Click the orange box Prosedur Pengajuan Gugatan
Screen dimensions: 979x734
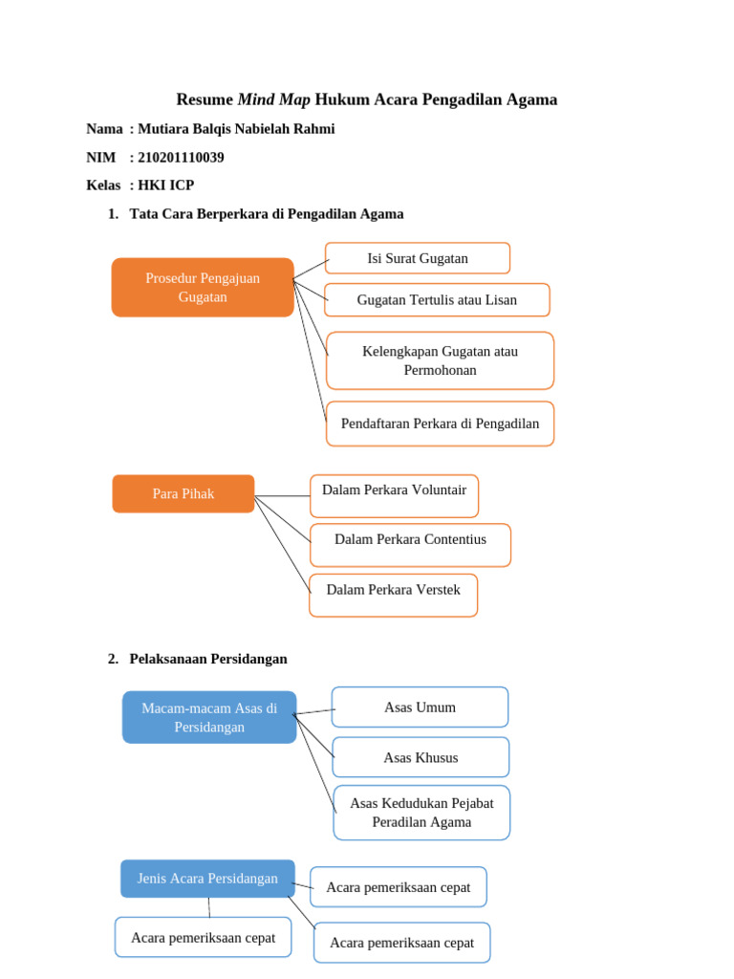tap(203, 287)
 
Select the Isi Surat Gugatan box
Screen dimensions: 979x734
tap(418, 258)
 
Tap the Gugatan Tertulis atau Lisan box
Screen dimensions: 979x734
tap(437, 299)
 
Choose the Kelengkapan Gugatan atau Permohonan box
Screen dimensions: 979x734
tap(440, 360)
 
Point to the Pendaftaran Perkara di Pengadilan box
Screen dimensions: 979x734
tap(440, 424)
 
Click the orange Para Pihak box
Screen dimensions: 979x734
tap(183, 493)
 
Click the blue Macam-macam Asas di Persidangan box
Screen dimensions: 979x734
tap(209, 717)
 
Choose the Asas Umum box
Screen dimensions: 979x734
tap(420, 707)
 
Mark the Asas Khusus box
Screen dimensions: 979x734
tap(421, 757)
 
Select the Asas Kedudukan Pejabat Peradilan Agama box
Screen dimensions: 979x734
tap(421, 813)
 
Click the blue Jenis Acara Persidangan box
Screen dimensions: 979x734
tap(207, 878)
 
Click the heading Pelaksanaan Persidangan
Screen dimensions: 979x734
tap(208, 659)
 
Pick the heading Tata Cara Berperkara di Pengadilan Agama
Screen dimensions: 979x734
tap(266, 214)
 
